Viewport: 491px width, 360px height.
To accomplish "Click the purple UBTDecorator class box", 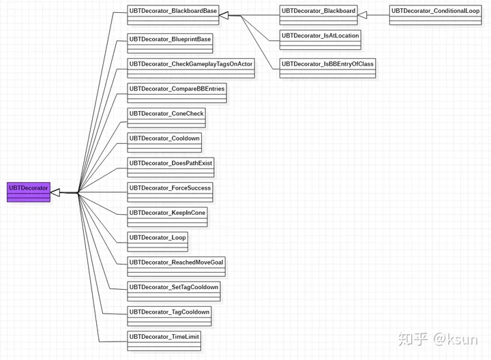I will (29, 192).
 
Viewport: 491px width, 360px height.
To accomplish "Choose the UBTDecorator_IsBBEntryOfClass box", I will (327, 67).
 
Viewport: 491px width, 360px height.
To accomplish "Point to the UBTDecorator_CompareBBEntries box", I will (177, 93).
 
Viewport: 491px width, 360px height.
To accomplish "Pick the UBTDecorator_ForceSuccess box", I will (170, 192).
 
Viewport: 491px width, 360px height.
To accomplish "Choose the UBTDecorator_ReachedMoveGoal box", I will (176, 266).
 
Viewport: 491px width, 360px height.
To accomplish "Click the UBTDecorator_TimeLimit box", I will (164, 340).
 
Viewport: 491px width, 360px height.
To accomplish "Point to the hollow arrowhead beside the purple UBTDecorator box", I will (56, 193).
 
